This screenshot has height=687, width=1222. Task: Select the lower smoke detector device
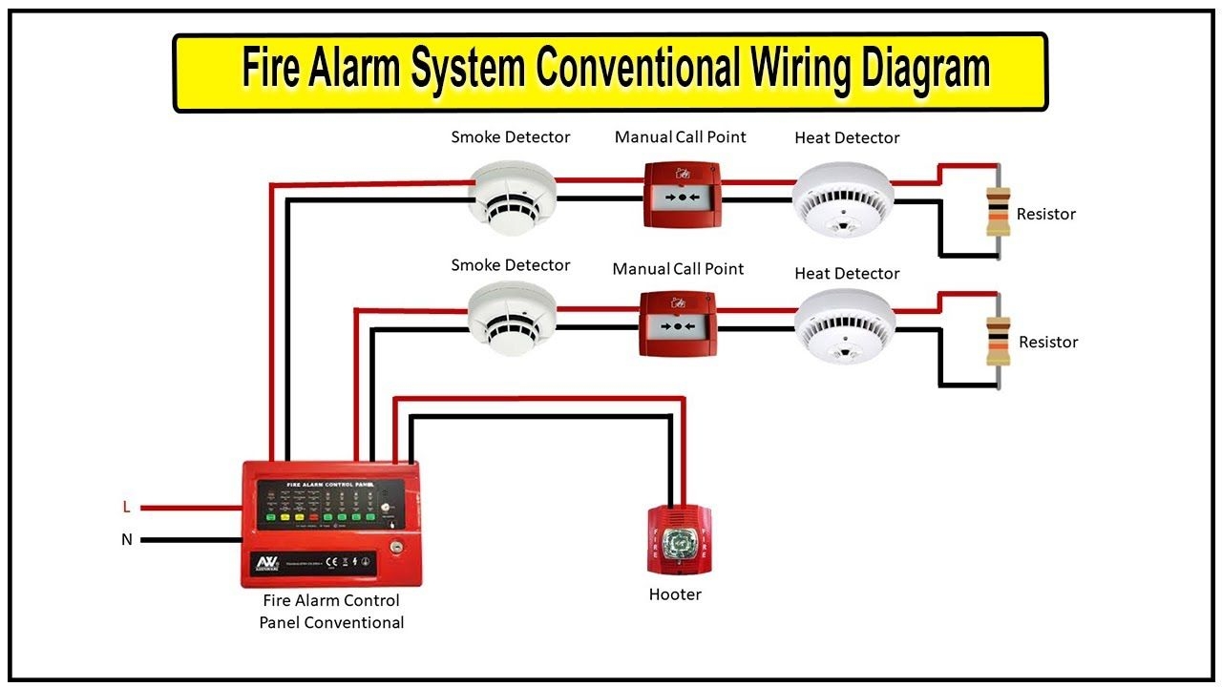point(512,323)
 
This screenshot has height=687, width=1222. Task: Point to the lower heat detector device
point(845,326)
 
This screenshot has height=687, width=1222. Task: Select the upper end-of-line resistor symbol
point(998,211)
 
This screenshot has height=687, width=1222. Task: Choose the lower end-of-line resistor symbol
point(998,341)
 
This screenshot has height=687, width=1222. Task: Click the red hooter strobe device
point(679,540)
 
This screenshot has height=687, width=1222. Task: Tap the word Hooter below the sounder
point(675,594)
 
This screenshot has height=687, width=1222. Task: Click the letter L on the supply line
point(126,507)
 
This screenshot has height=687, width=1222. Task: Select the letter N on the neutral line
point(126,539)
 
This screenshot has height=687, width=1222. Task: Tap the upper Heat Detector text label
point(847,138)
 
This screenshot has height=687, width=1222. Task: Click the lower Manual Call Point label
point(678,269)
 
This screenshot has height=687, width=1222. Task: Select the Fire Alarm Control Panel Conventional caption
point(331,612)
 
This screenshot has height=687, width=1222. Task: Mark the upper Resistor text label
point(1045,214)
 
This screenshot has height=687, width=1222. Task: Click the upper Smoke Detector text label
point(511,137)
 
